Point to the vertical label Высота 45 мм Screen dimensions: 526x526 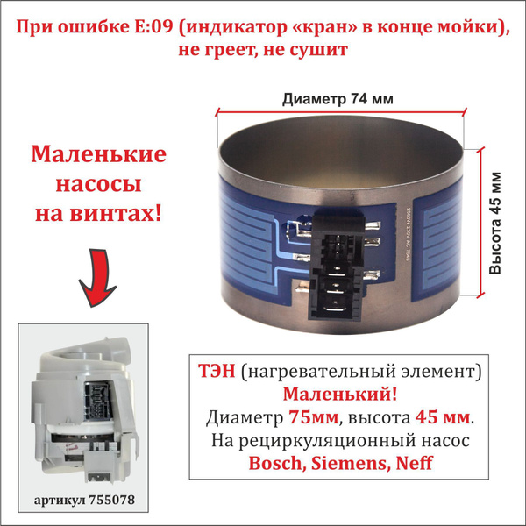[497, 223]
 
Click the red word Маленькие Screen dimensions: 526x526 [99, 156]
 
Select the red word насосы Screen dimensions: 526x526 [98, 185]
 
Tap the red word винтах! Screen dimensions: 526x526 [128, 214]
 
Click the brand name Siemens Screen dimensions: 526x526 [348, 462]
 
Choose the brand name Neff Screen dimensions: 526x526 [412, 462]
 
